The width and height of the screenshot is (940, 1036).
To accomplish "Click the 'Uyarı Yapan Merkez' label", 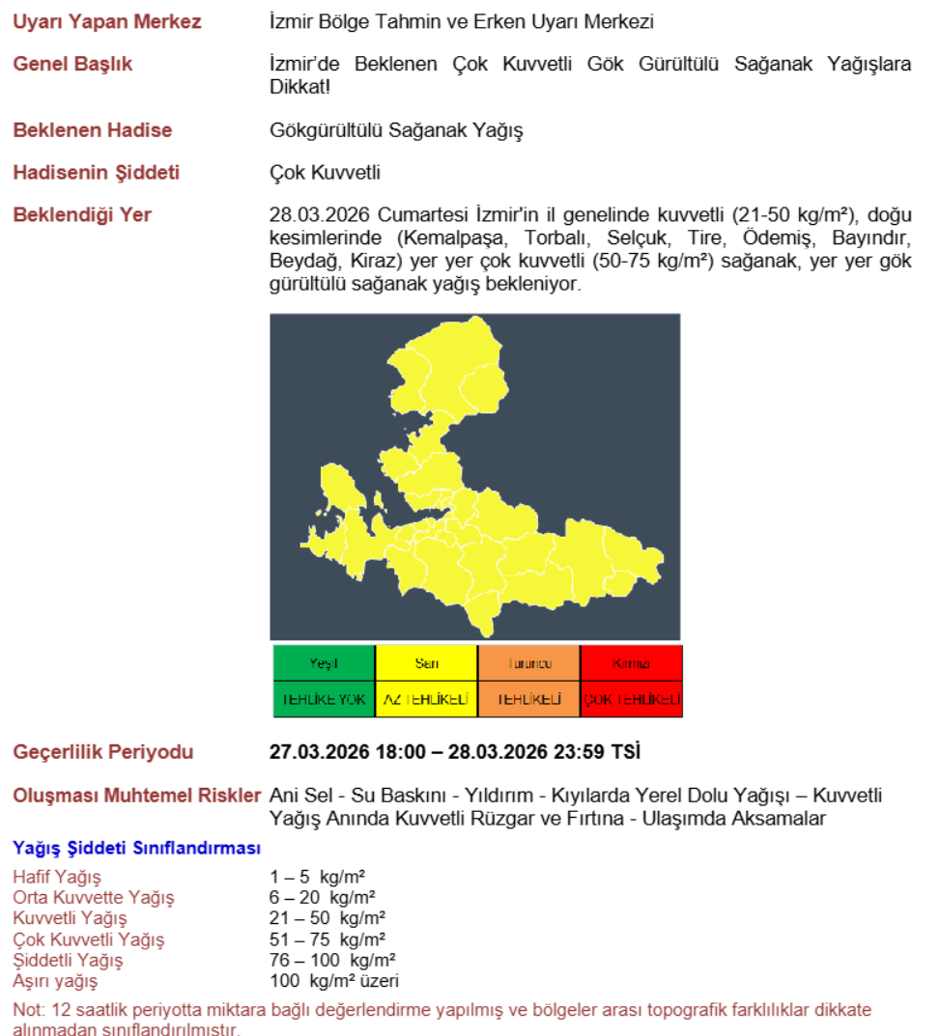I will click(107, 22).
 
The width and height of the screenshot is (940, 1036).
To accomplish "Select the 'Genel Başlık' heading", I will click(72, 65).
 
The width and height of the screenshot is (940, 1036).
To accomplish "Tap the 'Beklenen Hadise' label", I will click(93, 130).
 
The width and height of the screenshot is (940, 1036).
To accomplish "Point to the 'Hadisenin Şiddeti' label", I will click(97, 173).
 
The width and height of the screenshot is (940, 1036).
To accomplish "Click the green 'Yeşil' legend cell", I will click(324, 663).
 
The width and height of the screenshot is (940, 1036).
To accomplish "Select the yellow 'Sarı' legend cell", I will click(426, 663).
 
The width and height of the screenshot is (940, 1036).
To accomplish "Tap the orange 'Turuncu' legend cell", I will click(528, 663).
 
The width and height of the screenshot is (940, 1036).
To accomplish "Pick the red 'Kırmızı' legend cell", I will click(631, 663).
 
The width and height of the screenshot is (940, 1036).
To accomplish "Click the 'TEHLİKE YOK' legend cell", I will click(324, 699).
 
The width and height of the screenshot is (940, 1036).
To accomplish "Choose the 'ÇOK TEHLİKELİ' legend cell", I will click(631, 699).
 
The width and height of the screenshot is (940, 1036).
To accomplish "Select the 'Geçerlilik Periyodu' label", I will click(103, 752).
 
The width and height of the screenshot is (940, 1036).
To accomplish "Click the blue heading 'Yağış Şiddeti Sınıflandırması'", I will click(137, 849).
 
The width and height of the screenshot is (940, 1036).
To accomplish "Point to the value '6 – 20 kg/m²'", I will click(322, 897).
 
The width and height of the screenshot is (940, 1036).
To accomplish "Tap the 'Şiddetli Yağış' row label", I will click(68, 961).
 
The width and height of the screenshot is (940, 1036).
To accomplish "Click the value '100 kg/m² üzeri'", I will click(333, 982).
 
